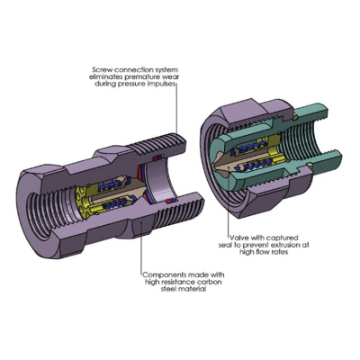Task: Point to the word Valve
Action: pyautogui.click(x=238, y=238)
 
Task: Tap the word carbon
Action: pyautogui.click(x=211, y=282)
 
